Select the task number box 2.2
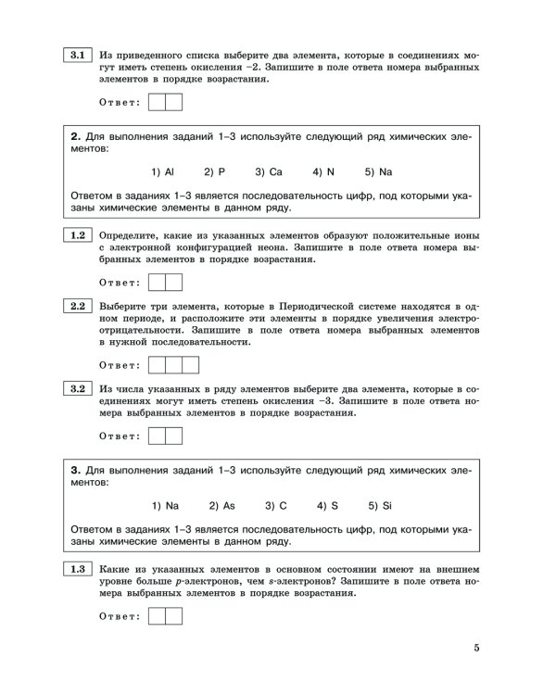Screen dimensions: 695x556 [x=75, y=307]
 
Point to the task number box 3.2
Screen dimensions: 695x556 [x=75, y=389]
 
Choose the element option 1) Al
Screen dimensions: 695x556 [x=162, y=172]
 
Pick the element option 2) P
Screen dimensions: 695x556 [x=215, y=172]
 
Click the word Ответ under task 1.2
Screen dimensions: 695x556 [x=119, y=282]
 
